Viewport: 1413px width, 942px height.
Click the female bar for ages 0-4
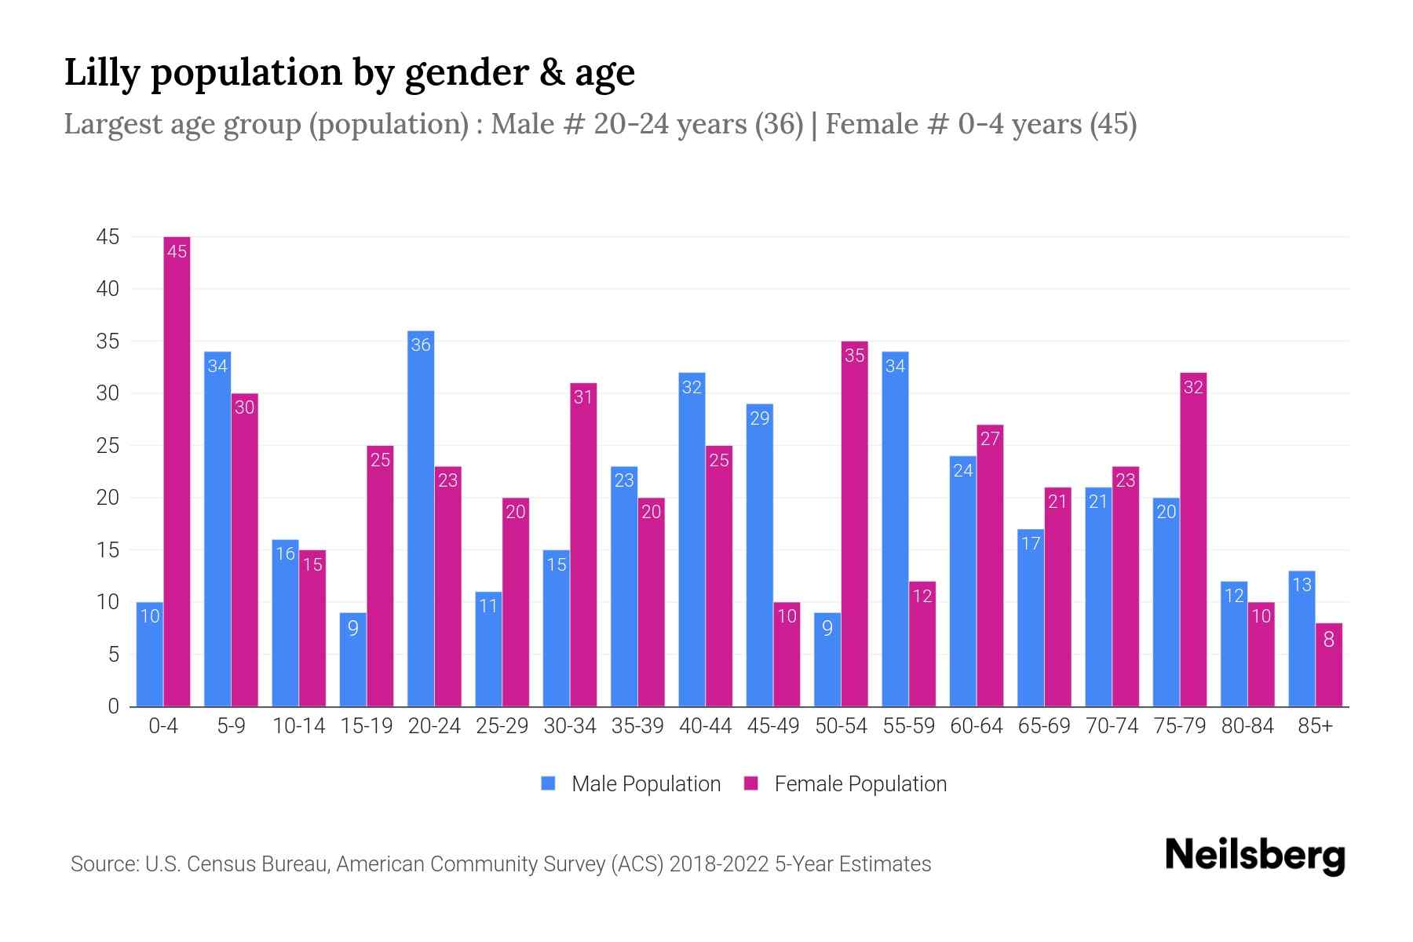(x=177, y=471)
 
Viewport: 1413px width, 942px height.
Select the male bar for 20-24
(x=421, y=518)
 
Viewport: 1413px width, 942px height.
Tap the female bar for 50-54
(x=854, y=524)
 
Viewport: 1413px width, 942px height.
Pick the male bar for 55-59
(x=895, y=529)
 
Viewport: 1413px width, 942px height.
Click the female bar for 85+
(x=1328, y=665)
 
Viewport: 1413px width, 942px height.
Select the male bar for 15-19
(x=353, y=659)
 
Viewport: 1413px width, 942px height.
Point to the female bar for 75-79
(x=1193, y=539)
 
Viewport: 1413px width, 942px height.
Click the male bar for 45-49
(x=759, y=555)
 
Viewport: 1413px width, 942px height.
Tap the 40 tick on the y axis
(x=108, y=289)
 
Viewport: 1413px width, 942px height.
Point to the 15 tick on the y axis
(x=108, y=550)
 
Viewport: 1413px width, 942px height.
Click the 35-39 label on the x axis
(x=637, y=726)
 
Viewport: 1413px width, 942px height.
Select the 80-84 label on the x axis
(x=1247, y=726)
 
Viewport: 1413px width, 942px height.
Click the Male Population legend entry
(x=645, y=784)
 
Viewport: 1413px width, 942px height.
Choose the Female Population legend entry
(x=860, y=784)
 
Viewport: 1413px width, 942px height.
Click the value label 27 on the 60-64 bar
(x=990, y=438)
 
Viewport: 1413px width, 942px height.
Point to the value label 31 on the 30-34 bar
(x=582, y=397)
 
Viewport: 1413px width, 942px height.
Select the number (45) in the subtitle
(x=1112, y=124)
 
